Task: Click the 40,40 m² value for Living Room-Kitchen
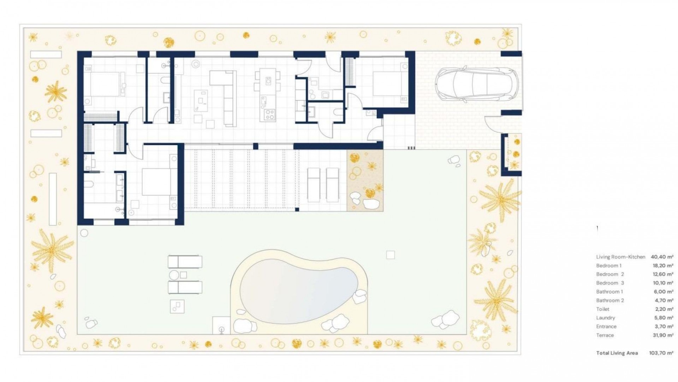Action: (x=662, y=257)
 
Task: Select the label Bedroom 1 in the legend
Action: (x=609, y=266)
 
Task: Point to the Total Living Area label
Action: (x=617, y=353)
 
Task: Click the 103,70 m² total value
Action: (x=661, y=353)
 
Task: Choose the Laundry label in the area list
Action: (x=606, y=318)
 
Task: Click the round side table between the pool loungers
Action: (x=174, y=275)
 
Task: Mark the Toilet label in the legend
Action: (x=603, y=309)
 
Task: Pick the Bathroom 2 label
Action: (x=610, y=300)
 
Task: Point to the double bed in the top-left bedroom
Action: (x=105, y=84)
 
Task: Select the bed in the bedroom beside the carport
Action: (x=387, y=85)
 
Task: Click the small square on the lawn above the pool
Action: (x=390, y=255)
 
